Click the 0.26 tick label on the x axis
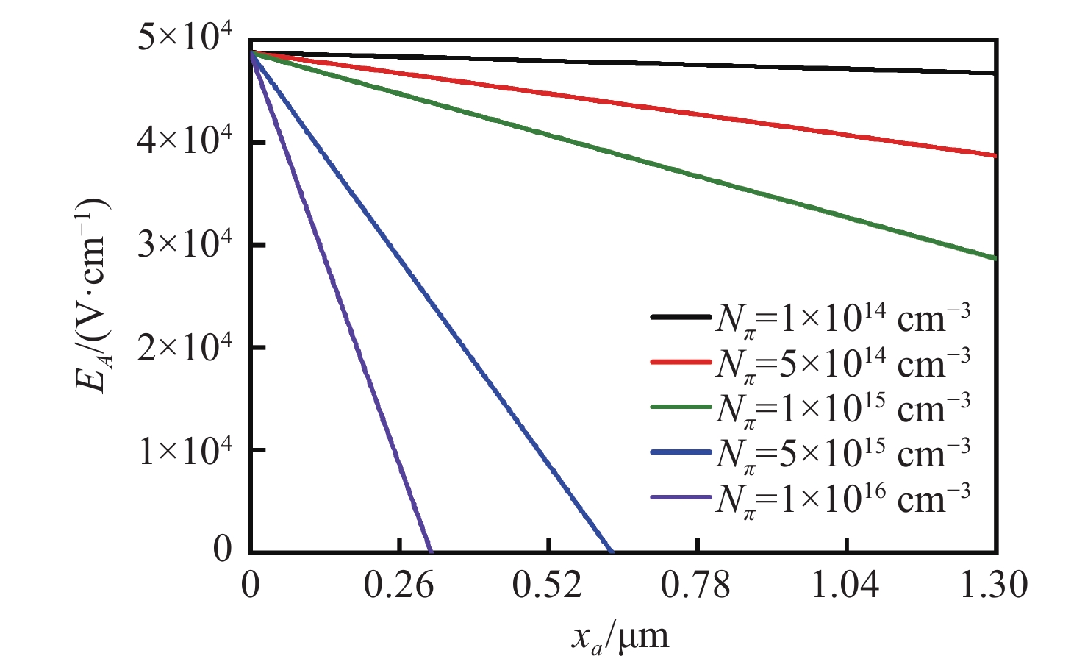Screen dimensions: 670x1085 coord(399,587)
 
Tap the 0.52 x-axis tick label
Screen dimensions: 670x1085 coord(548,587)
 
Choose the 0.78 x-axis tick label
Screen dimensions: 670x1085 coord(698,587)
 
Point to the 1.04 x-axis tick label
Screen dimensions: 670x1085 coord(847,587)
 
